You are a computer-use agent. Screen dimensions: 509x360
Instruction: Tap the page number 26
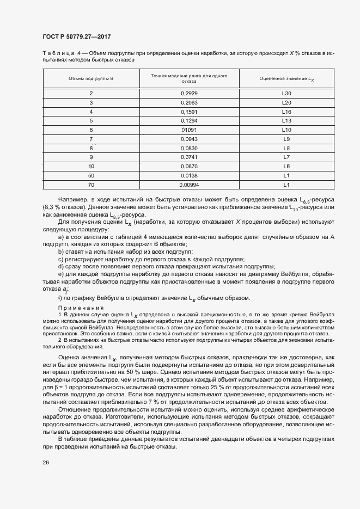tap(46, 462)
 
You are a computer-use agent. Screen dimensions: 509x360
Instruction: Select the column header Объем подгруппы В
tap(91, 79)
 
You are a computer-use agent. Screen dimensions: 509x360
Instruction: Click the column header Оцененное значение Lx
tap(287, 79)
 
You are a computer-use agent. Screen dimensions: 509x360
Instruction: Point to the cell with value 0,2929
tap(189, 94)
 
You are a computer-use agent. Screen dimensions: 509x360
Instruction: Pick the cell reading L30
tap(287, 94)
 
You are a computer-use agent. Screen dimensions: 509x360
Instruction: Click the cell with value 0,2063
tap(189, 102)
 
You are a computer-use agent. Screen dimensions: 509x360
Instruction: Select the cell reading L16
tap(287, 112)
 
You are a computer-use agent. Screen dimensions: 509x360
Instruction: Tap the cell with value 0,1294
tap(189, 120)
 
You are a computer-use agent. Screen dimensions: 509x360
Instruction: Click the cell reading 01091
tap(189, 130)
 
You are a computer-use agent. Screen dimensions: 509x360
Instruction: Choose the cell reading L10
tap(287, 130)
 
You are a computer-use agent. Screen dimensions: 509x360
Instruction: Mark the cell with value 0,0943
tap(189, 139)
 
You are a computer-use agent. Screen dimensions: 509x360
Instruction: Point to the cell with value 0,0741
tap(189, 157)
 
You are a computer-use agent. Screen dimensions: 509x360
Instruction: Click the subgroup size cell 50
tap(91, 175)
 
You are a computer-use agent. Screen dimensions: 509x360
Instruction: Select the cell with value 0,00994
tap(189, 184)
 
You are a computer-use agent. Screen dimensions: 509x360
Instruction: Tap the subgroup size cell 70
tap(91, 184)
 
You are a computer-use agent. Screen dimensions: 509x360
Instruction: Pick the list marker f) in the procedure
tap(60, 298)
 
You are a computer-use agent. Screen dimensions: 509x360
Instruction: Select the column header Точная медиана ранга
tap(189, 78)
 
